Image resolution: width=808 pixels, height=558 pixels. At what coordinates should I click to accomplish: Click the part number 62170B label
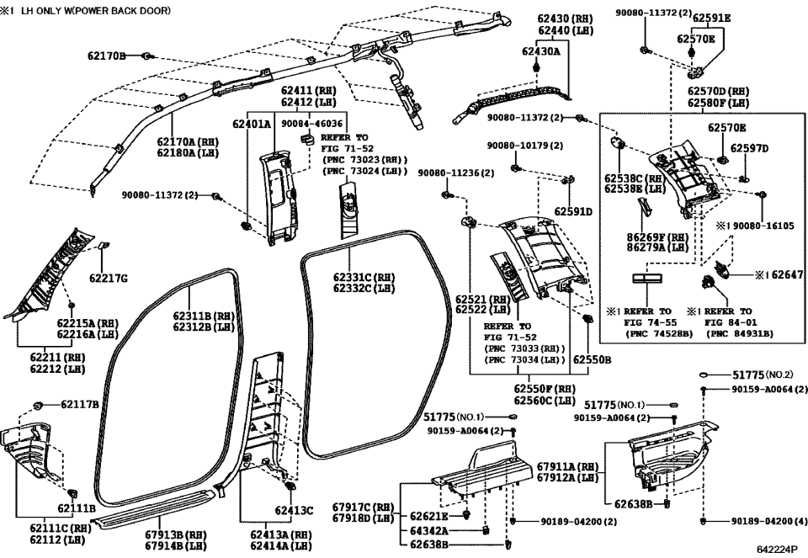(x=105, y=56)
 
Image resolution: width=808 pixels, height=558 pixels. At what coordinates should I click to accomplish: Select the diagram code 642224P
(x=776, y=550)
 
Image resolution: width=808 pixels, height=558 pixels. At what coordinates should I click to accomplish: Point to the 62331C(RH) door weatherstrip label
(x=362, y=276)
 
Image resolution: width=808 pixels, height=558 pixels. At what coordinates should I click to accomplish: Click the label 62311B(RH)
(x=203, y=316)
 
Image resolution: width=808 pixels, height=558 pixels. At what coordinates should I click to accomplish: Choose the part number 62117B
(x=79, y=404)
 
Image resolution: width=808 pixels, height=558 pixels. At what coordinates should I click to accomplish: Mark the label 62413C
(x=293, y=510)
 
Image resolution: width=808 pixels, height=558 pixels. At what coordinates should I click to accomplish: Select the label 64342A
(x=429, y=530)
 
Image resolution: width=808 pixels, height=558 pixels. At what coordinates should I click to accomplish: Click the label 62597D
(x=749, y=148)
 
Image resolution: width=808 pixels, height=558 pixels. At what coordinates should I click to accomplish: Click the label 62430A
(x=543, y=51)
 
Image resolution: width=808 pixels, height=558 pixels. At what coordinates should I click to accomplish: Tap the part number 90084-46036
(x=312, y=123)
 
